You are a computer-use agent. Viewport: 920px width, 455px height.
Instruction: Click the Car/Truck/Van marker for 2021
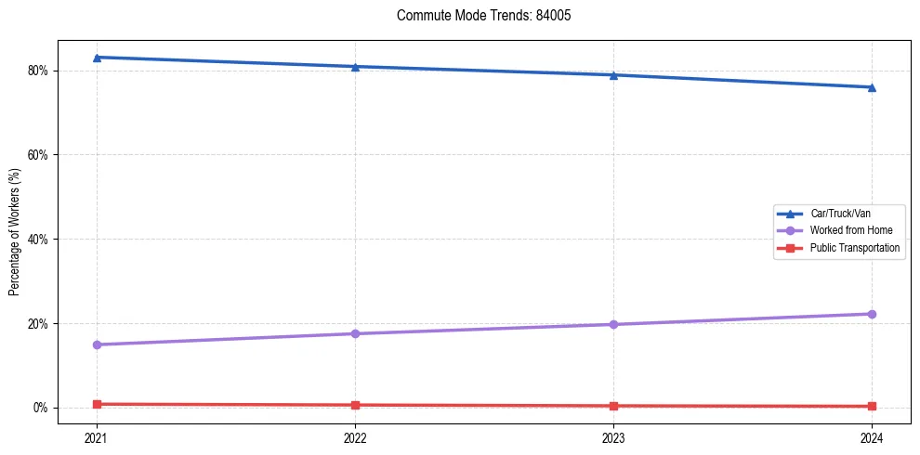97,58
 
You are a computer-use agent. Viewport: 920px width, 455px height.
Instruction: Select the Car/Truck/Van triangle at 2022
355,67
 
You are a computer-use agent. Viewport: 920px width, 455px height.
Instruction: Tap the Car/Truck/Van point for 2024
872,87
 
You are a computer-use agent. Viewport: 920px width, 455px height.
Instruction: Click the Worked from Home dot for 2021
97,344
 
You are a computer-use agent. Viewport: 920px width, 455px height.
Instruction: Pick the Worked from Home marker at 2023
613,324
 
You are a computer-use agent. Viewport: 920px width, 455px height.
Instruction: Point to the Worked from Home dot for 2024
872,314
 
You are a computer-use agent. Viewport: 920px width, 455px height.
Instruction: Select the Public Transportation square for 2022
355,405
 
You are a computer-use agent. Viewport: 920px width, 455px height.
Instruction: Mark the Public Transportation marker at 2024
872,406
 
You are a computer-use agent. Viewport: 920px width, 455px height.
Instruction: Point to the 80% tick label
38,71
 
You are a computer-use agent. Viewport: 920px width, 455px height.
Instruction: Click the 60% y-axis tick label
38,155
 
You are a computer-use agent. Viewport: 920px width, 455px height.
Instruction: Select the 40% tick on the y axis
38,240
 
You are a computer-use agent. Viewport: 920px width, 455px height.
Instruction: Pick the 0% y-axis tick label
41,408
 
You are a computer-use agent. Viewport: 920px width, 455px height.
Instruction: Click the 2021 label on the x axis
97,436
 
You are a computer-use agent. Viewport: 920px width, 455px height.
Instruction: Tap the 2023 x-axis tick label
613,436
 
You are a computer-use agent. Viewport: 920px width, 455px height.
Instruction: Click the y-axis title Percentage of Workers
14,231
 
